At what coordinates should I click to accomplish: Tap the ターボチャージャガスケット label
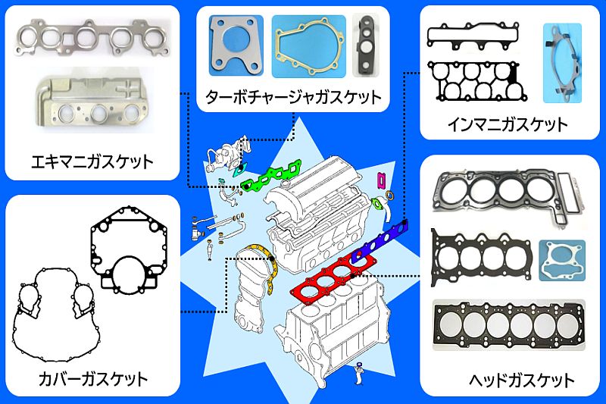(293, 97)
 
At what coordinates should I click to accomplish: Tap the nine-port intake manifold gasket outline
(475, 82)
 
